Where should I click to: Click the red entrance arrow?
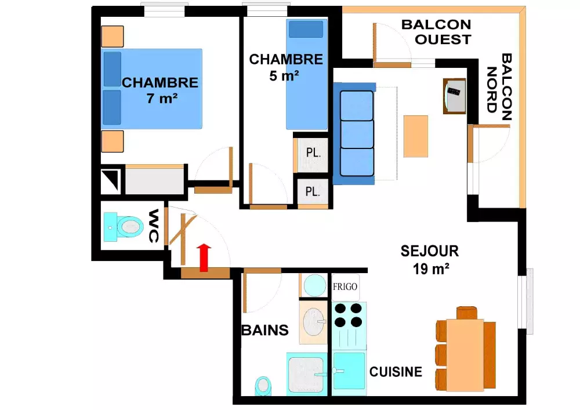(x=204, y=257)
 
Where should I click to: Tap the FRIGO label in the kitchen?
(x=345, y=286)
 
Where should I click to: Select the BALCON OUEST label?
(x=437, y=32)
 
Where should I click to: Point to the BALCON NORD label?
(x=499, y=87)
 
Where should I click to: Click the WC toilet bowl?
(x=130, y=226)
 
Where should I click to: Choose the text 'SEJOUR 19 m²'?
(x=430, y=260)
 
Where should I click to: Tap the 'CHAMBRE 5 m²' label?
(x=285, y=67)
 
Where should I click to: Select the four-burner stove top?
(x=349, y=315)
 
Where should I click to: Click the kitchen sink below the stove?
(x=349, y=371)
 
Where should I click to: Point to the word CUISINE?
(x=396, y=372)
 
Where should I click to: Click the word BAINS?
(x=265, y=330)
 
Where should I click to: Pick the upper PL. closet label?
(x=313, y=153)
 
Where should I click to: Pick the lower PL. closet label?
(x=313, y=191)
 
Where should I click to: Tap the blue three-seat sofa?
(x=355, y=133)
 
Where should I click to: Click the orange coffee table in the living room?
(x=416, y=136)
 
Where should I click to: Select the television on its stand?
(x=455, y=96)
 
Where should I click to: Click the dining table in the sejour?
(x=465, y=354)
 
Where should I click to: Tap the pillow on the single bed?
(x=306, y=29)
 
